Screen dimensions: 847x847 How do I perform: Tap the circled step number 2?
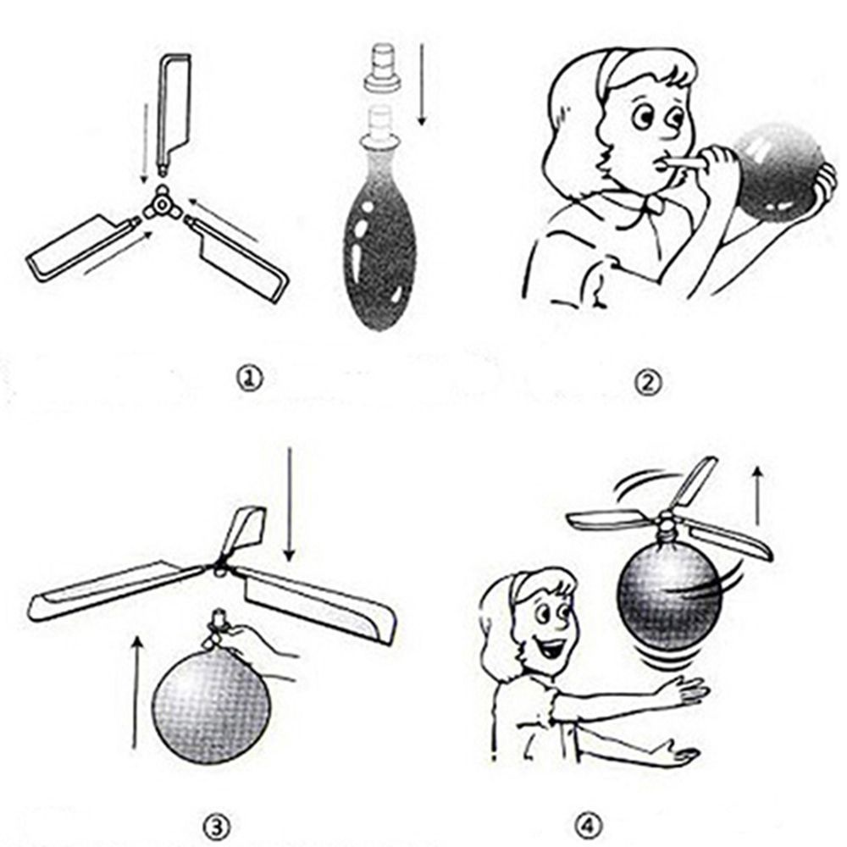coord(647,383)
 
